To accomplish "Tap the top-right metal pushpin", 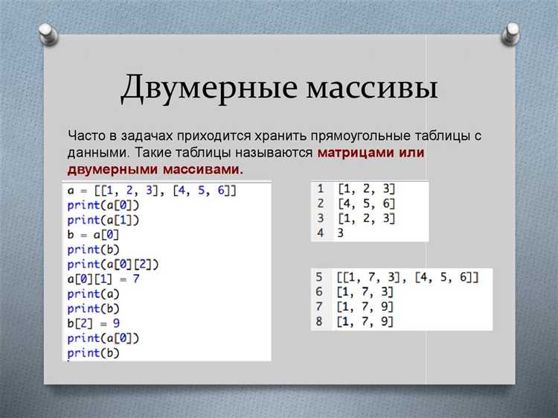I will pyautogui.click(x=511, y=33).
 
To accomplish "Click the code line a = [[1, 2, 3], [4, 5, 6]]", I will pyautogui.click(x=152, y=191).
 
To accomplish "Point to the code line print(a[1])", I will pyautogui.click(x=103, y=220).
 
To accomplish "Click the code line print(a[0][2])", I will pyautogui.click(x=113, y=264).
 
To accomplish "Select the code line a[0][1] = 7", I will pyautogui.click(x=103, y=278).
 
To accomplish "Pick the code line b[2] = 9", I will pyautogui.click(x=92, y=322).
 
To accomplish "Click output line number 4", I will pyautogui.click(x=319, y=232).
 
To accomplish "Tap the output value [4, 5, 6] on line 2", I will pyautogui.click(x=365, y=203).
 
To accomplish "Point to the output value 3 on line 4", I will pyautogui.click(x=340, y=232).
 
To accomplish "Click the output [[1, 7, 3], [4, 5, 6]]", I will pyautogui.click(x=408, y=277).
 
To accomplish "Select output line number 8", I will pyautogui.click(x=319, y=321).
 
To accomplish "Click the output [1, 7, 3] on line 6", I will pyautogui.click(x=365, y=292).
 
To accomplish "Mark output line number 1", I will pyautogui.click(x=319, y=189).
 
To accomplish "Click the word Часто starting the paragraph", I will pyautogui.click(x=87, y=136).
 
